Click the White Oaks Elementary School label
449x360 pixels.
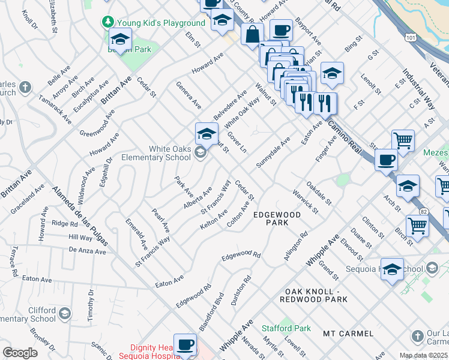tap(157, 154)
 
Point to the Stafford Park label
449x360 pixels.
tap(286, 328)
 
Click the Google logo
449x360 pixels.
tap(20, 353)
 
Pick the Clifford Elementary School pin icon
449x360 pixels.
tap(65, 313)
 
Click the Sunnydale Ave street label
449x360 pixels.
tap(273, 152)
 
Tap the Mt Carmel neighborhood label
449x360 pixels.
tap(348, 333)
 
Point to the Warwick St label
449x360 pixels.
tap(305, 201)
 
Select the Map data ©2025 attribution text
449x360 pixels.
tap(424, 355)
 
